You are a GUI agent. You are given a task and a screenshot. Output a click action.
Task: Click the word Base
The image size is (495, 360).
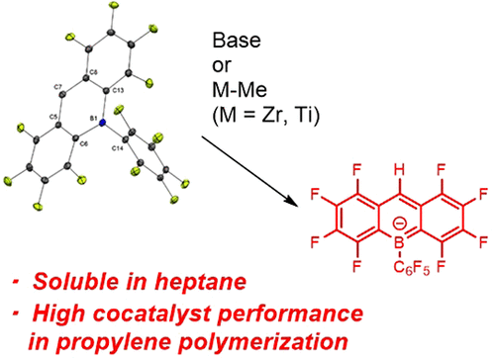pyautogui.click(x=237, y=41)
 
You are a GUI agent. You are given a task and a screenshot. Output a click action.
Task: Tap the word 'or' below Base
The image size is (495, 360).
pyautogui.click(x=222, y=65)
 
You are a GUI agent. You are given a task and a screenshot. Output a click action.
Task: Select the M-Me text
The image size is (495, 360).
pyautogui.click(x=240, y=89)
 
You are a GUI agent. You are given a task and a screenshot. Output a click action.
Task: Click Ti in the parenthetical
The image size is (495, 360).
pyautogui.click(x=304, y=116)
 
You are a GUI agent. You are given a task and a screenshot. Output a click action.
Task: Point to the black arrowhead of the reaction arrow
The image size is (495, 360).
pyautogui.click(x=292, y=201)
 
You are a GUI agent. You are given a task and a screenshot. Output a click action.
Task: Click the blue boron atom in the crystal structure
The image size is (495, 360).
pyautogui.click(x=102, y=123)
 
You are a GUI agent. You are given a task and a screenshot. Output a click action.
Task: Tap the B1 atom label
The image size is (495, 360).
pyautogui.click(x=94, y=118)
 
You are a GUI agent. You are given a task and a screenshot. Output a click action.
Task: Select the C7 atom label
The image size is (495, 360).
pyautogui.click(x=58, y=87)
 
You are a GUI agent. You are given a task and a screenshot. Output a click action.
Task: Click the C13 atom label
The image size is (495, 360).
pyautogui.click(x=118, y=91)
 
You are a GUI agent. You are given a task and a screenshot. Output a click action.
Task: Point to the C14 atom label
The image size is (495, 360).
pyautogui.click(x=118, y=148)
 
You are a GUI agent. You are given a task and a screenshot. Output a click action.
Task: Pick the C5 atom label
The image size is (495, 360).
pyautogui.click(x=53, y=117)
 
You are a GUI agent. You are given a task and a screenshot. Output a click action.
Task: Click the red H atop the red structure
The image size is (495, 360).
pyautogui.click(x=399, y=170)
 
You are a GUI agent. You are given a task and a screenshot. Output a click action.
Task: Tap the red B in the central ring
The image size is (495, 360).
pyautogui.click(x=399, y=243)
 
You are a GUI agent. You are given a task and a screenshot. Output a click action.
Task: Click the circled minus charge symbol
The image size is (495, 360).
pyautogui.click(x=399, y=225)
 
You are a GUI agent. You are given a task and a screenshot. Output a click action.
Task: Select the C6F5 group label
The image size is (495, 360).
pyautogui.click(x=412, y=268)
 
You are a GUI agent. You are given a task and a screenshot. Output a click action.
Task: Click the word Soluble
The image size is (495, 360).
pyautogui.click(x=76, y=282)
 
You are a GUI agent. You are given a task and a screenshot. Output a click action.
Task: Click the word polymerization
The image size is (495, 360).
pyautogui.click(x=264, y=342)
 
